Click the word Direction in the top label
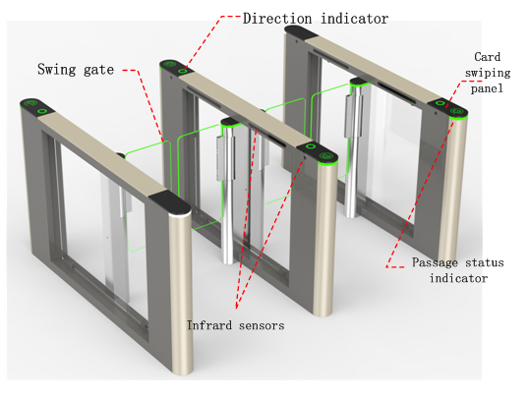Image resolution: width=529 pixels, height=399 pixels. click(277, 19)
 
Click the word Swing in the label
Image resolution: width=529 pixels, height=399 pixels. click(57, 70)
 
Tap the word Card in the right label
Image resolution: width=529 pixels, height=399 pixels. click(487, 57)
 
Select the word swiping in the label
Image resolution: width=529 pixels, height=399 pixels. click(488, 73)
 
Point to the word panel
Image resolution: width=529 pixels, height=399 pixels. click(487, 88)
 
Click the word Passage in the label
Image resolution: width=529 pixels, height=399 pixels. click(435, 262)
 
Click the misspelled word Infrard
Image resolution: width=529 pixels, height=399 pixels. click(209, 325)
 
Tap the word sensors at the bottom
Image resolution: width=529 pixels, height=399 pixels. click(262, 325)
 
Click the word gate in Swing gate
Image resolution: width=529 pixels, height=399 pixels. click(99, 70)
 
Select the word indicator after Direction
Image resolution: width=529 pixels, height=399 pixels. click(355, 19)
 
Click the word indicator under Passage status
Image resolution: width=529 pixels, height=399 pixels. click(458, 278)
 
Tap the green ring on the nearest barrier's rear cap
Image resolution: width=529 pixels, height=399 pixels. click(42, 111)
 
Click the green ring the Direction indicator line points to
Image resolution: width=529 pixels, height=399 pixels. click(183, 71)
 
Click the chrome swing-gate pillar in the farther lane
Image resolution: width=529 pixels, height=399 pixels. click(353, 148)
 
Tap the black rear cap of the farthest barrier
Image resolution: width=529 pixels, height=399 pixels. click(300, 32)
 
